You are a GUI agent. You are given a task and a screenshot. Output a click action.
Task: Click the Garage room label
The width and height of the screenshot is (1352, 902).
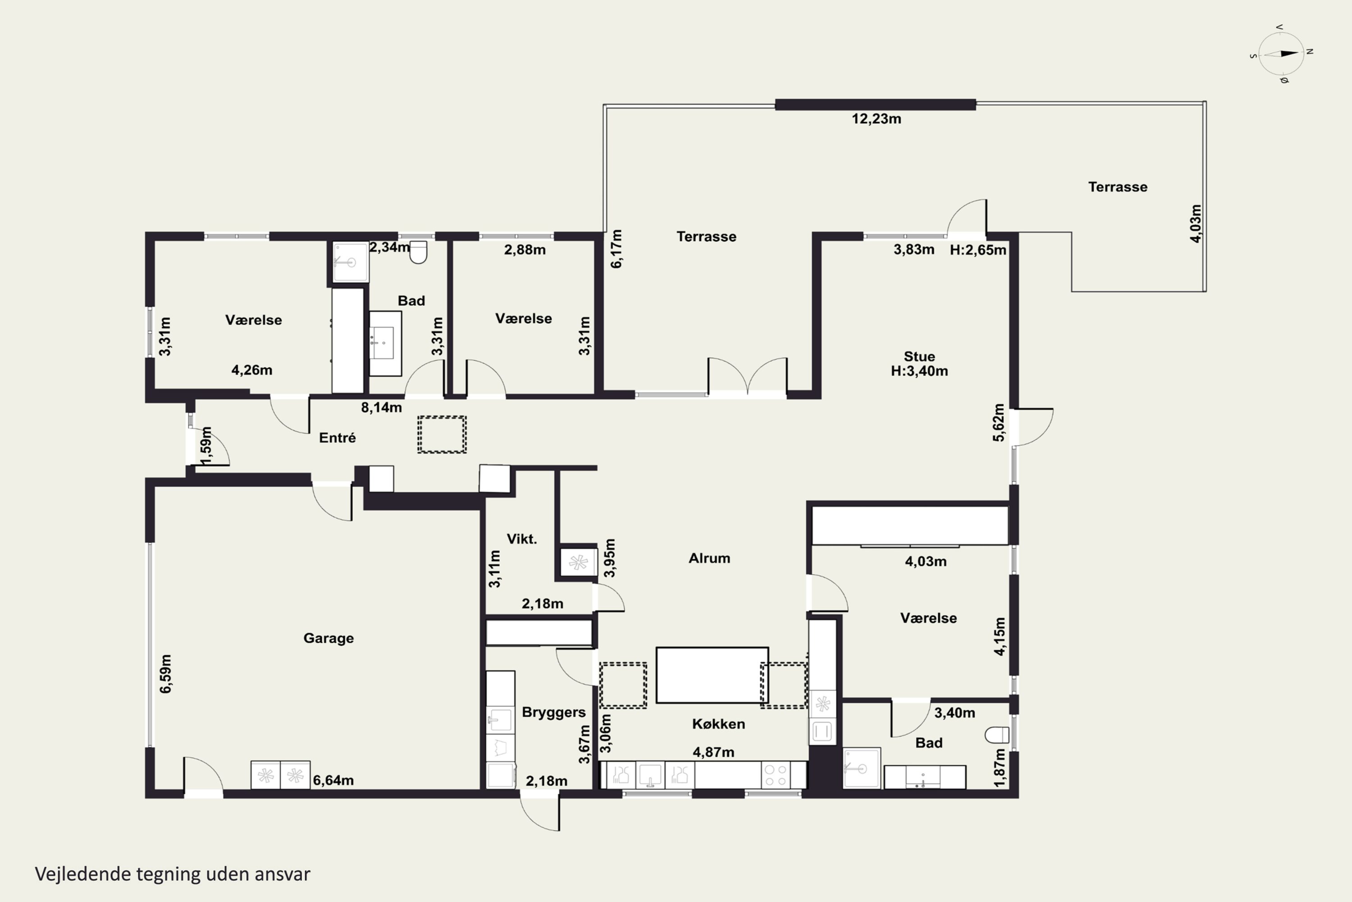coord(328,638)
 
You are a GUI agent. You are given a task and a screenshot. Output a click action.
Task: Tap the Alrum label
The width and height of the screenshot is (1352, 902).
coord(709,558)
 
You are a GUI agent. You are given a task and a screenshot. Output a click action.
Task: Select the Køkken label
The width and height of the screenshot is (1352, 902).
coord(718,724)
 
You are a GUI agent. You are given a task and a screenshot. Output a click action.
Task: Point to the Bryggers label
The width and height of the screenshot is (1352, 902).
coord(553,712)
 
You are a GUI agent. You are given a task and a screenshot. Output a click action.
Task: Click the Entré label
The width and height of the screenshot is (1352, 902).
coord(338,438)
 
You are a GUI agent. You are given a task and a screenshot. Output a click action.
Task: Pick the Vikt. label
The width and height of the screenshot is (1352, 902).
coord(521,539)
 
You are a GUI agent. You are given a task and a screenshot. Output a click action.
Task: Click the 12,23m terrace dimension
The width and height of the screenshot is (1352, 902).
coord(876,119)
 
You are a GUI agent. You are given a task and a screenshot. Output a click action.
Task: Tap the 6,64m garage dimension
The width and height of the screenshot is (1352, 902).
coord(333,781)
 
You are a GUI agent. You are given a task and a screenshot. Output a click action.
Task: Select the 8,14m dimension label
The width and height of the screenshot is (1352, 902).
coord(381,407)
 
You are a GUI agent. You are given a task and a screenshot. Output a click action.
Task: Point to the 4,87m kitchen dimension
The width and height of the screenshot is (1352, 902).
coord(713,752)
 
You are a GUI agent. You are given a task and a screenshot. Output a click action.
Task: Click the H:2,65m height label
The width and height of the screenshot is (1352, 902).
coord(978,250)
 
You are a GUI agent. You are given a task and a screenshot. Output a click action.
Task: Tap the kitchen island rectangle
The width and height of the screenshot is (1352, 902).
coord(712,675)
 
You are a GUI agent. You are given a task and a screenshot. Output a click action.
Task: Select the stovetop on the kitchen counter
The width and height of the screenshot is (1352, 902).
coord(776,775)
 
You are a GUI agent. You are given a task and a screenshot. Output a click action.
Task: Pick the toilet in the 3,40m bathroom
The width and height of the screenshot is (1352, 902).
coord(997,735)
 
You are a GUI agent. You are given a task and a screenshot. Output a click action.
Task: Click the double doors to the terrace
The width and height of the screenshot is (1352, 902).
coord(747,377)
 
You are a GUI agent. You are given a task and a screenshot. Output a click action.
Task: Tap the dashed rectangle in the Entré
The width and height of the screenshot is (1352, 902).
coord(442,434)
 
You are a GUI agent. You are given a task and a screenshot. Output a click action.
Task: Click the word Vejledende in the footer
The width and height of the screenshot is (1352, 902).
coord(83,874)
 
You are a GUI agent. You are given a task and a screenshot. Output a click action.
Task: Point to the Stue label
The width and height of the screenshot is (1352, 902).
coord(919,357)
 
